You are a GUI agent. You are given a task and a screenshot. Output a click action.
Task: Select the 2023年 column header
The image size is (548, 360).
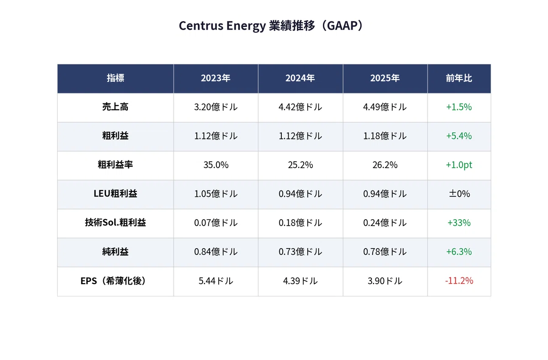216,78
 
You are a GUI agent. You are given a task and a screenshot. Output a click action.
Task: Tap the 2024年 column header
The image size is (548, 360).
300,78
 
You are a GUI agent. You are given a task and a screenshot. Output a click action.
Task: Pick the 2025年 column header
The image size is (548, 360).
385,78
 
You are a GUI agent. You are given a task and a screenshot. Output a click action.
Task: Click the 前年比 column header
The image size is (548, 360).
459,78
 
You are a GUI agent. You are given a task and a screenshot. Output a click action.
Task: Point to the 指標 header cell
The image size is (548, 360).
116,78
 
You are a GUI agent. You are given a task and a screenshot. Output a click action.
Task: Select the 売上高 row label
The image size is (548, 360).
116,107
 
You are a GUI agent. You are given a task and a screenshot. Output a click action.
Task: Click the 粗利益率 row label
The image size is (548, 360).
116,165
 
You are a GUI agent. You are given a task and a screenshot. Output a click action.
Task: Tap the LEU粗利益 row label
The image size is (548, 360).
116,194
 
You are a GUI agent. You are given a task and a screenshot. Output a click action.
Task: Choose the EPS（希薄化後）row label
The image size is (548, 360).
113,281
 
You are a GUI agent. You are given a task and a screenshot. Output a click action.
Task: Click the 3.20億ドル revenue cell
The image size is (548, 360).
216,107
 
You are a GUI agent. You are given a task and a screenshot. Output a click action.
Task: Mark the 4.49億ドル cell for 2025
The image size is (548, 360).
385,107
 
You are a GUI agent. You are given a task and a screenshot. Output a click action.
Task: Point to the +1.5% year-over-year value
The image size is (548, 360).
459,107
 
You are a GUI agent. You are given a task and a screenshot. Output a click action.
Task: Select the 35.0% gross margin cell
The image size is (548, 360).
216,165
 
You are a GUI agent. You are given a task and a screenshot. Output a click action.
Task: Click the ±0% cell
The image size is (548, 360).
459,194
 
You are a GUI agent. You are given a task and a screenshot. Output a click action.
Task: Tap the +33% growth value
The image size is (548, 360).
459,222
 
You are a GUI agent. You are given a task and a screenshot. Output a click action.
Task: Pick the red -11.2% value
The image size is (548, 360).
459,281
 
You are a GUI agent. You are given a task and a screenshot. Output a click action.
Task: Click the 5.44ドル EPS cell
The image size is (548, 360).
216,281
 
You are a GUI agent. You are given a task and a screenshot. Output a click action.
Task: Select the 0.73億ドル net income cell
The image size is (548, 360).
300,252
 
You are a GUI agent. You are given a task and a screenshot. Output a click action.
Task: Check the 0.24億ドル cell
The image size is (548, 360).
385,222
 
